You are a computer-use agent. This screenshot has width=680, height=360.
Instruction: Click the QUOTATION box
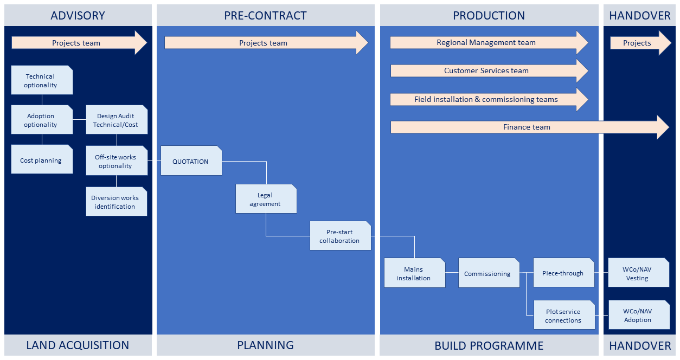(191, 161)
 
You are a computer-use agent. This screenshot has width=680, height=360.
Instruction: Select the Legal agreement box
(266, 199)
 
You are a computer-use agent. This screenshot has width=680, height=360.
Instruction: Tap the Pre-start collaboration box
(340, 236)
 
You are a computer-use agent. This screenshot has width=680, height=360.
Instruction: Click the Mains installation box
(414, 273)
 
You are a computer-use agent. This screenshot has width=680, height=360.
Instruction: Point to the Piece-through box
(563, 273)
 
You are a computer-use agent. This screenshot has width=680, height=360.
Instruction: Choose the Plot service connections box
(563, 316)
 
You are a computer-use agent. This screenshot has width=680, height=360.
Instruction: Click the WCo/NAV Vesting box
(638, 273)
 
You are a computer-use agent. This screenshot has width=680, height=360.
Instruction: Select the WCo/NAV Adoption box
(638, 316)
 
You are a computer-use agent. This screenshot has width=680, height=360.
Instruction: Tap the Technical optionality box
(41, 80)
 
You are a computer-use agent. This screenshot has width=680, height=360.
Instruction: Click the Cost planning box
(41, 160)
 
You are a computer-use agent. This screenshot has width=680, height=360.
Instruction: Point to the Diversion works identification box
(116, 202)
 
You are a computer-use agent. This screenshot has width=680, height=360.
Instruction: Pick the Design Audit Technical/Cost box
(116, 120)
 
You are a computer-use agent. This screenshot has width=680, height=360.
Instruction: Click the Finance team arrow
(526, 127)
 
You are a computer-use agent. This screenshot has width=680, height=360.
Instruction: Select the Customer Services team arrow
(486, 70)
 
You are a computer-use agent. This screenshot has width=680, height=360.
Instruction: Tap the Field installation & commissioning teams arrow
(486, 99)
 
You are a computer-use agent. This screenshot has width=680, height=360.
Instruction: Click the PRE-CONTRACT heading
(265, 16)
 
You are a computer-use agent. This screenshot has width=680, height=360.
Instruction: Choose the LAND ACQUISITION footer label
(78, 345)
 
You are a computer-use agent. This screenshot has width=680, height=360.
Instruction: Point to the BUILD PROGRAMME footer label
(489, 345)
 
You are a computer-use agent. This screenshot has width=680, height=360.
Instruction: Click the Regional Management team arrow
(486, 42)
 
